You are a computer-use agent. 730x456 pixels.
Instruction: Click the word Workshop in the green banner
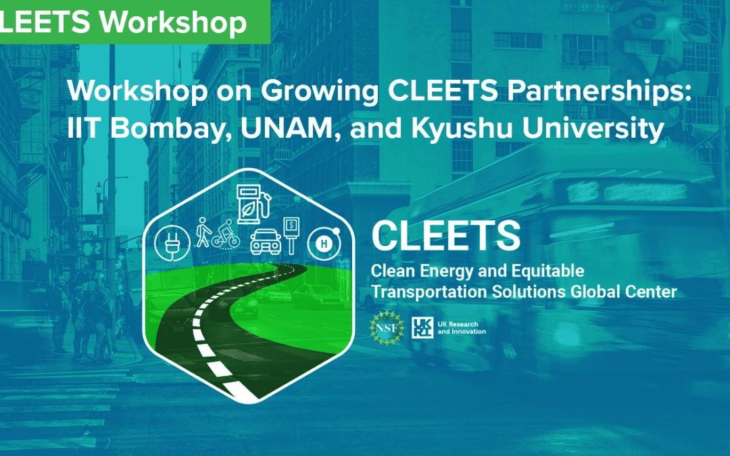(172, 22)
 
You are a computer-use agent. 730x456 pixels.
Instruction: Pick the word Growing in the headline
(325, 92)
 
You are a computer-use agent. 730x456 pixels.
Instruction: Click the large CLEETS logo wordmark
(446, 236)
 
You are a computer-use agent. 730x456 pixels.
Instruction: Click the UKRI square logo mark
(420, 328)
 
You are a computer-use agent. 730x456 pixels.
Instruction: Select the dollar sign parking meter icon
(291, 233)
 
